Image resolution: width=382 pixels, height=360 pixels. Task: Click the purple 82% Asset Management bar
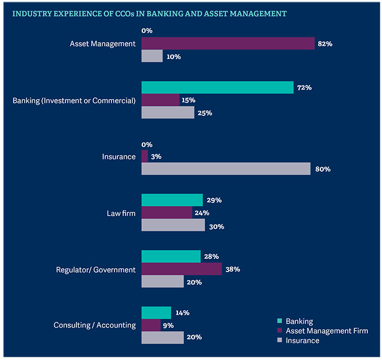tap(228, 44)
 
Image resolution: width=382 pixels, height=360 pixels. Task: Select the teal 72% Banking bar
tap(217, 87)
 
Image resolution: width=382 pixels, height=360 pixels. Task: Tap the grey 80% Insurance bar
tap(226, 169)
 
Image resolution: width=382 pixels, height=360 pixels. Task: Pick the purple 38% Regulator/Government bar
tap(182, 269)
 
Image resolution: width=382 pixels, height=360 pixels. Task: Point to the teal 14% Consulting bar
tap(156, 312)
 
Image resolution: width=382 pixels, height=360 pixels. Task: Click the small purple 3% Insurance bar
tap(145, 156)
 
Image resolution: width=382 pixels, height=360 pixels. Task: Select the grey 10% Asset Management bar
tap(152, 56)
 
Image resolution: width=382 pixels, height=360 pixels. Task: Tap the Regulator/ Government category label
tap(95, 270)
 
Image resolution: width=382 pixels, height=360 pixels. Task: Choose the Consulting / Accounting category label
tap(94, 325)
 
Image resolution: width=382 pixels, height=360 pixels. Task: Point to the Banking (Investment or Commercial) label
tap(74, 101)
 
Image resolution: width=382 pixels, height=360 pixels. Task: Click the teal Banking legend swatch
tap(280, 321)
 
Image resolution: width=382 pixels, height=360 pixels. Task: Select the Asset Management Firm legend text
tap(327, 331)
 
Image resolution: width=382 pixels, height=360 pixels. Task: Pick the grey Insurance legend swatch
tap(280, 340)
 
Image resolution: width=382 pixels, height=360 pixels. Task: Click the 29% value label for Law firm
tap(214, 200)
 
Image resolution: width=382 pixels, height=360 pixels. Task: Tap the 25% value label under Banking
tap(205, 113)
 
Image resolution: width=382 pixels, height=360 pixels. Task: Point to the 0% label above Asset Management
tap(147, 31)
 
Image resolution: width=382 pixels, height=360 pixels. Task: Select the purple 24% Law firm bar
tap(166, 213)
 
